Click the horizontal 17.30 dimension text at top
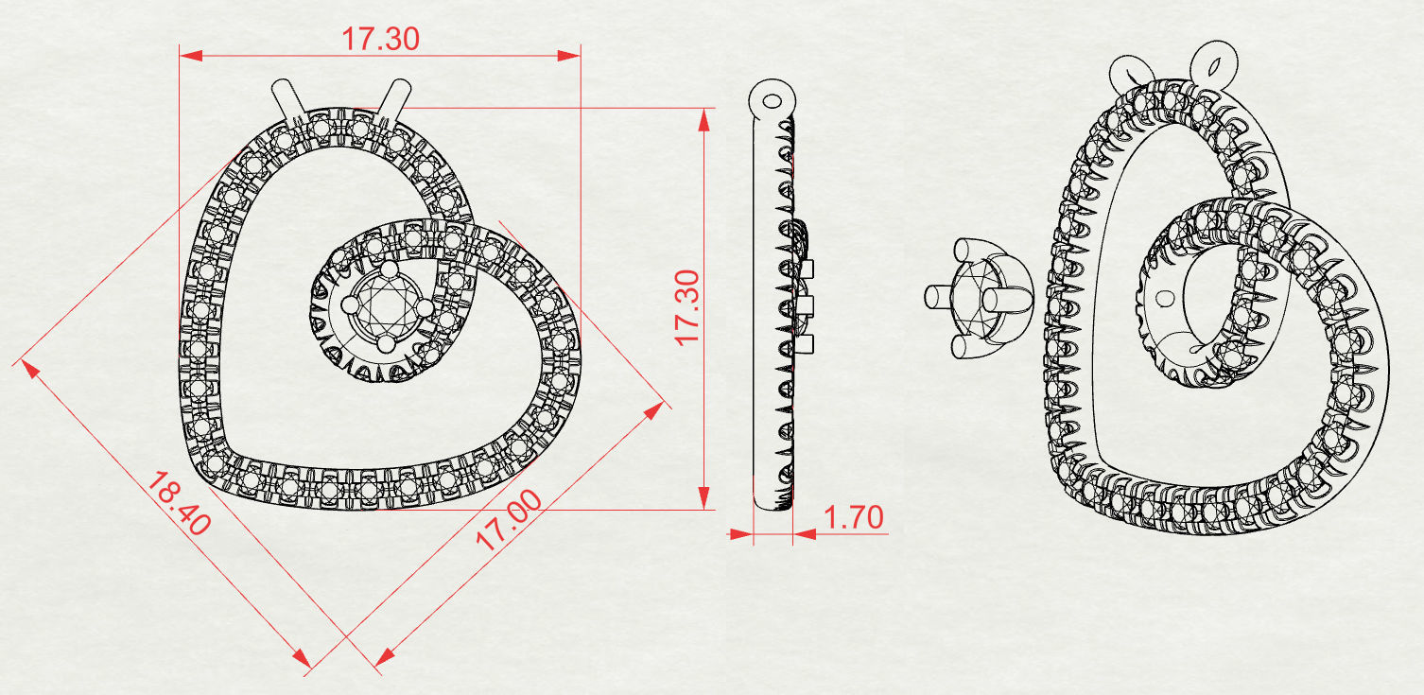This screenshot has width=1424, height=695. [x=380, y=38]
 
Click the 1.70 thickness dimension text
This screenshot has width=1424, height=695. [x=853, y=518]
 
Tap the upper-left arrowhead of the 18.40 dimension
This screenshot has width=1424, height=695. [x=28, y=368]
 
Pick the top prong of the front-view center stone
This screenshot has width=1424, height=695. [x=387, y=269]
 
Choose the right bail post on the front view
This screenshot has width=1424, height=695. [x=394, y=100]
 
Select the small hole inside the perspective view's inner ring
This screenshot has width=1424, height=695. [x=1164, y=298]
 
